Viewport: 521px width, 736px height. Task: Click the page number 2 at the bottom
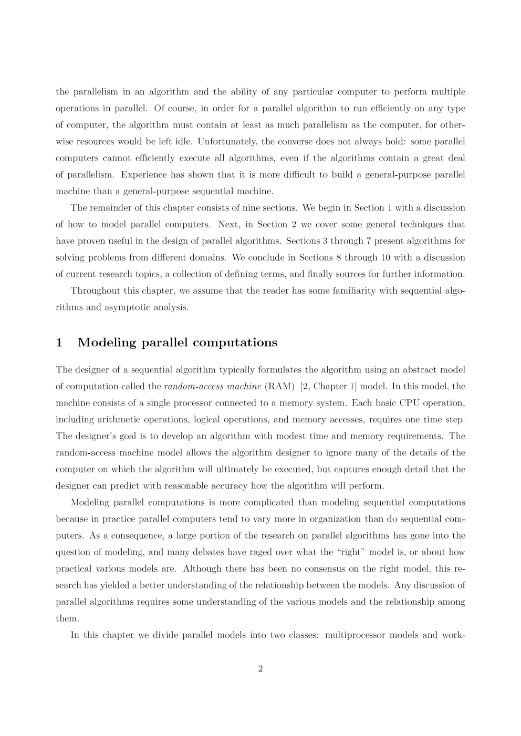[x=260, y=668]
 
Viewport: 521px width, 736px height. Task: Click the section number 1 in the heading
[x=59, y=343]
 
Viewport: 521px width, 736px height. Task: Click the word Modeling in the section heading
[x=107, y=343]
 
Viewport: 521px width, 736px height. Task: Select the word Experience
[x=142, y=175]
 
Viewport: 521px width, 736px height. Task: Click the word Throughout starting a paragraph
[x=96, y=291]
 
